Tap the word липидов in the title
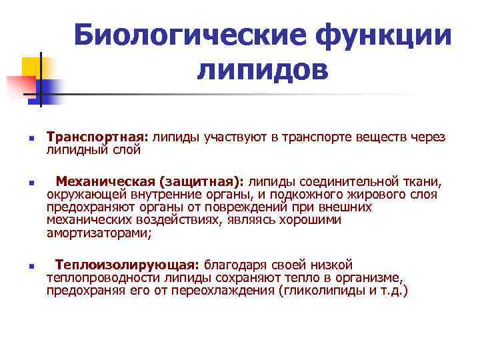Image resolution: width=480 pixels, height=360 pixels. [x=263, y=70]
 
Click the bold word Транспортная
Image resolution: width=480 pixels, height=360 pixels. [x=97, y=137]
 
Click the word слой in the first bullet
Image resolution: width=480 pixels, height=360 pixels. [x=127, y=150]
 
